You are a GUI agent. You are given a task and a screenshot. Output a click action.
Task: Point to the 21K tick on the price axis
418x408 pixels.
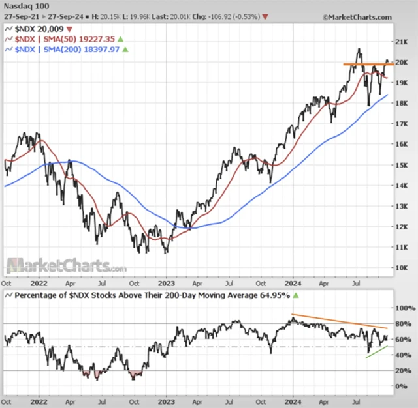click(401, 41)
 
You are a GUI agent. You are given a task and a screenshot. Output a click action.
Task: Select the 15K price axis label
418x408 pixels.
click(401, 165)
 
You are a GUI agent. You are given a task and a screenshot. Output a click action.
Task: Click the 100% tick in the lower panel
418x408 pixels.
click(399, 308)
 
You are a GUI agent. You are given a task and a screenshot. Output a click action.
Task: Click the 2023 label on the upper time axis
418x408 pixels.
click(167, 284)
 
